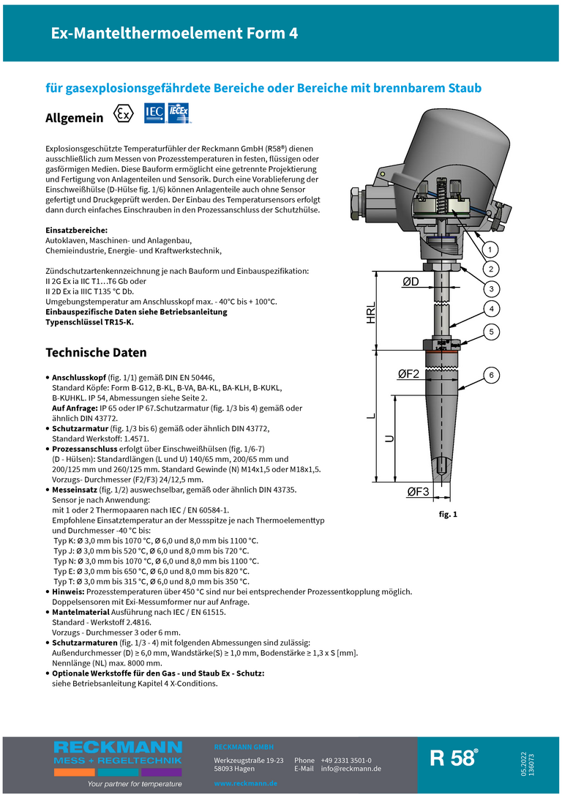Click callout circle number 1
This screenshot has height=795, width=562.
tap(490, 249)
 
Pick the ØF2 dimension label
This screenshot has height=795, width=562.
tap(408, 374)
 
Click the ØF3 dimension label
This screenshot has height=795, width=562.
tap(418, 491)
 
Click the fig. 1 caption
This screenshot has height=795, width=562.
tap(448, 515)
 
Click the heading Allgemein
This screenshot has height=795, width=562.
tap(75, 118)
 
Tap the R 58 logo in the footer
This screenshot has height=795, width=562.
tap(454, 758)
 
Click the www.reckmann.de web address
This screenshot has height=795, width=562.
tap(245, 783)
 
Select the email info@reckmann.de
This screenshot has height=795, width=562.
tap(351, 769)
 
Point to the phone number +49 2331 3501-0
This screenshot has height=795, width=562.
tap(346, 761)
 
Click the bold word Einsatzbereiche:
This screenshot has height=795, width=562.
tap(77, 231)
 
